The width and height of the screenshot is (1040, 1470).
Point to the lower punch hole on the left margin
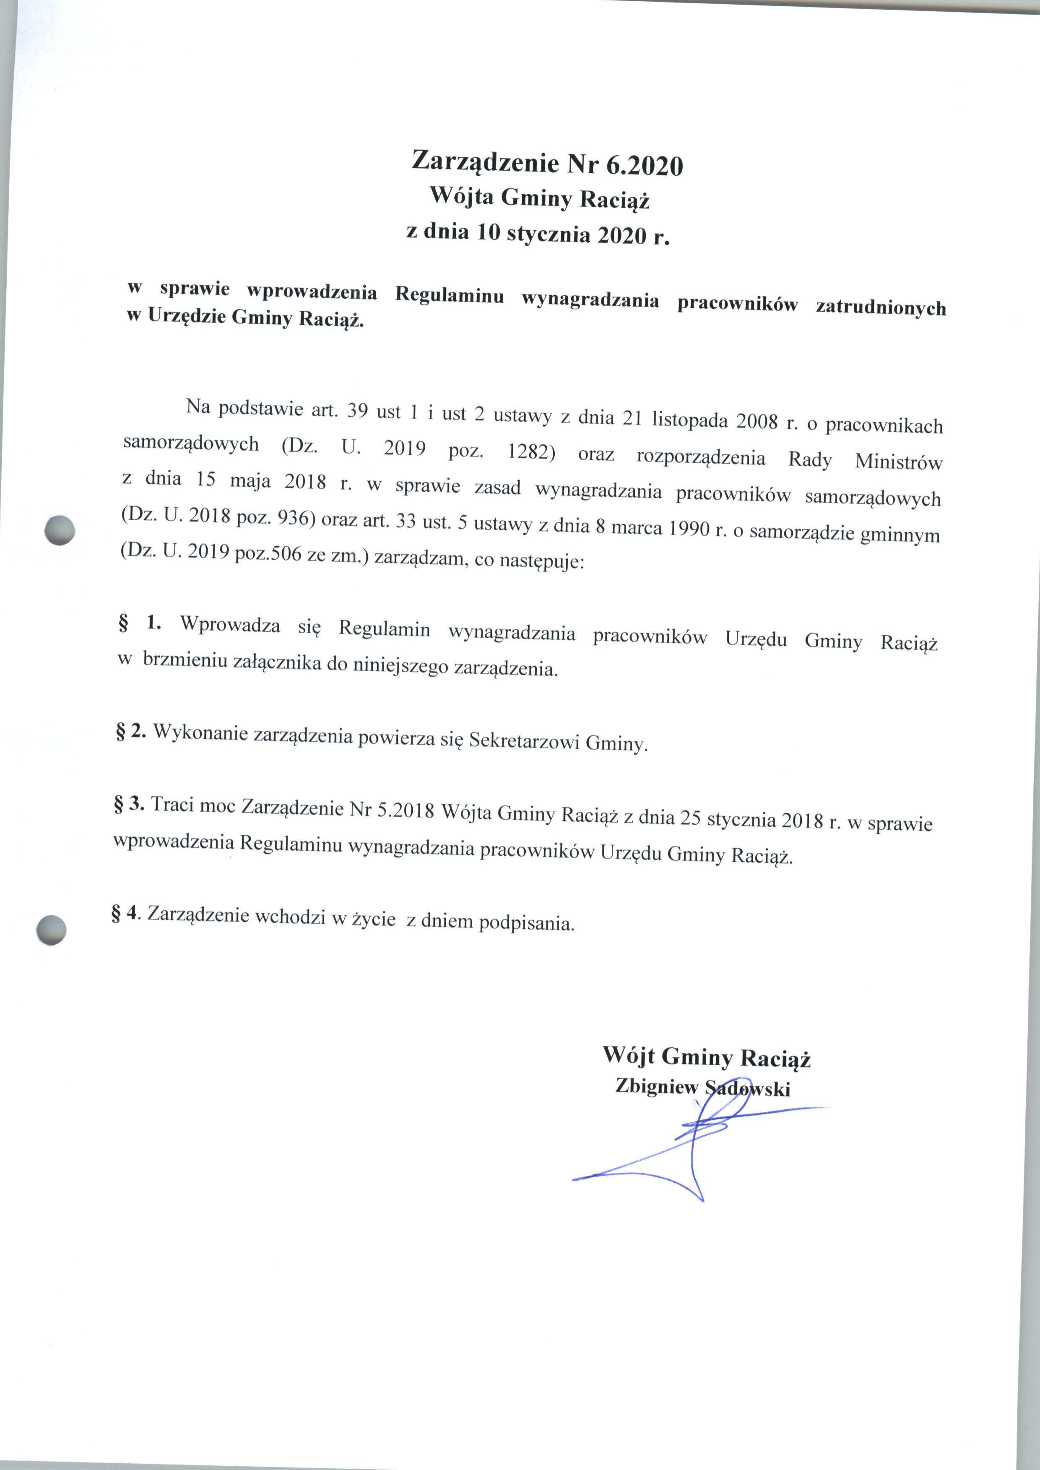pos(51,929)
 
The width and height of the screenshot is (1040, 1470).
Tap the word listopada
pos(691,420)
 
